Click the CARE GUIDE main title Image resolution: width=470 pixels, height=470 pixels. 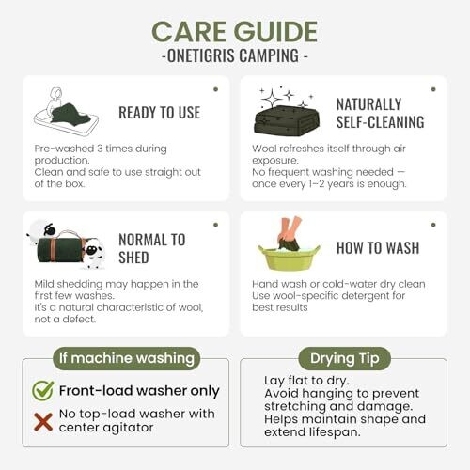(235, 32)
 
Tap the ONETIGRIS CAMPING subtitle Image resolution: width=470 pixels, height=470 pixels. (235, 56)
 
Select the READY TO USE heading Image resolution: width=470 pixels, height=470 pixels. (159, 113)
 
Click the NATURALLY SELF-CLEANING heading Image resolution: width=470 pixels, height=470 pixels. (380, 113)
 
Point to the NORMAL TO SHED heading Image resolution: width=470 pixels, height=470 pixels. (152, 249)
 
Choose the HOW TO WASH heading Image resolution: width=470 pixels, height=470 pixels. (378, 248)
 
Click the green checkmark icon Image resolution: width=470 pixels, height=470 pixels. (43, 390)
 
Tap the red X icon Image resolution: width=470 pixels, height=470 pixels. (43, 422)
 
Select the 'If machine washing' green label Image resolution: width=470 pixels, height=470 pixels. (127, 358)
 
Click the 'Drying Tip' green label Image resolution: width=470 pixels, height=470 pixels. (345, 358)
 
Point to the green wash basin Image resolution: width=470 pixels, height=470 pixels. (289, 257)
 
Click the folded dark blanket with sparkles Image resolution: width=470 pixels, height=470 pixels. (287, 120)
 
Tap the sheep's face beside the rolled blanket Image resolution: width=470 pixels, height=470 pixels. (91, 250)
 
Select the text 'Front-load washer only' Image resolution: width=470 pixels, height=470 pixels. (139, 391)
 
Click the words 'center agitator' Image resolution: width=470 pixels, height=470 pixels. (106, 428)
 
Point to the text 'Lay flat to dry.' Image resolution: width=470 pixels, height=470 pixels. (306, 381)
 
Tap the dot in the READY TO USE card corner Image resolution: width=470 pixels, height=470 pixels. (215, 89)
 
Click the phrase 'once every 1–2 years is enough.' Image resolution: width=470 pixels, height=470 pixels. (329, 184)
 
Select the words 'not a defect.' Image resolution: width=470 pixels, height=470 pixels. (65, 320)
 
